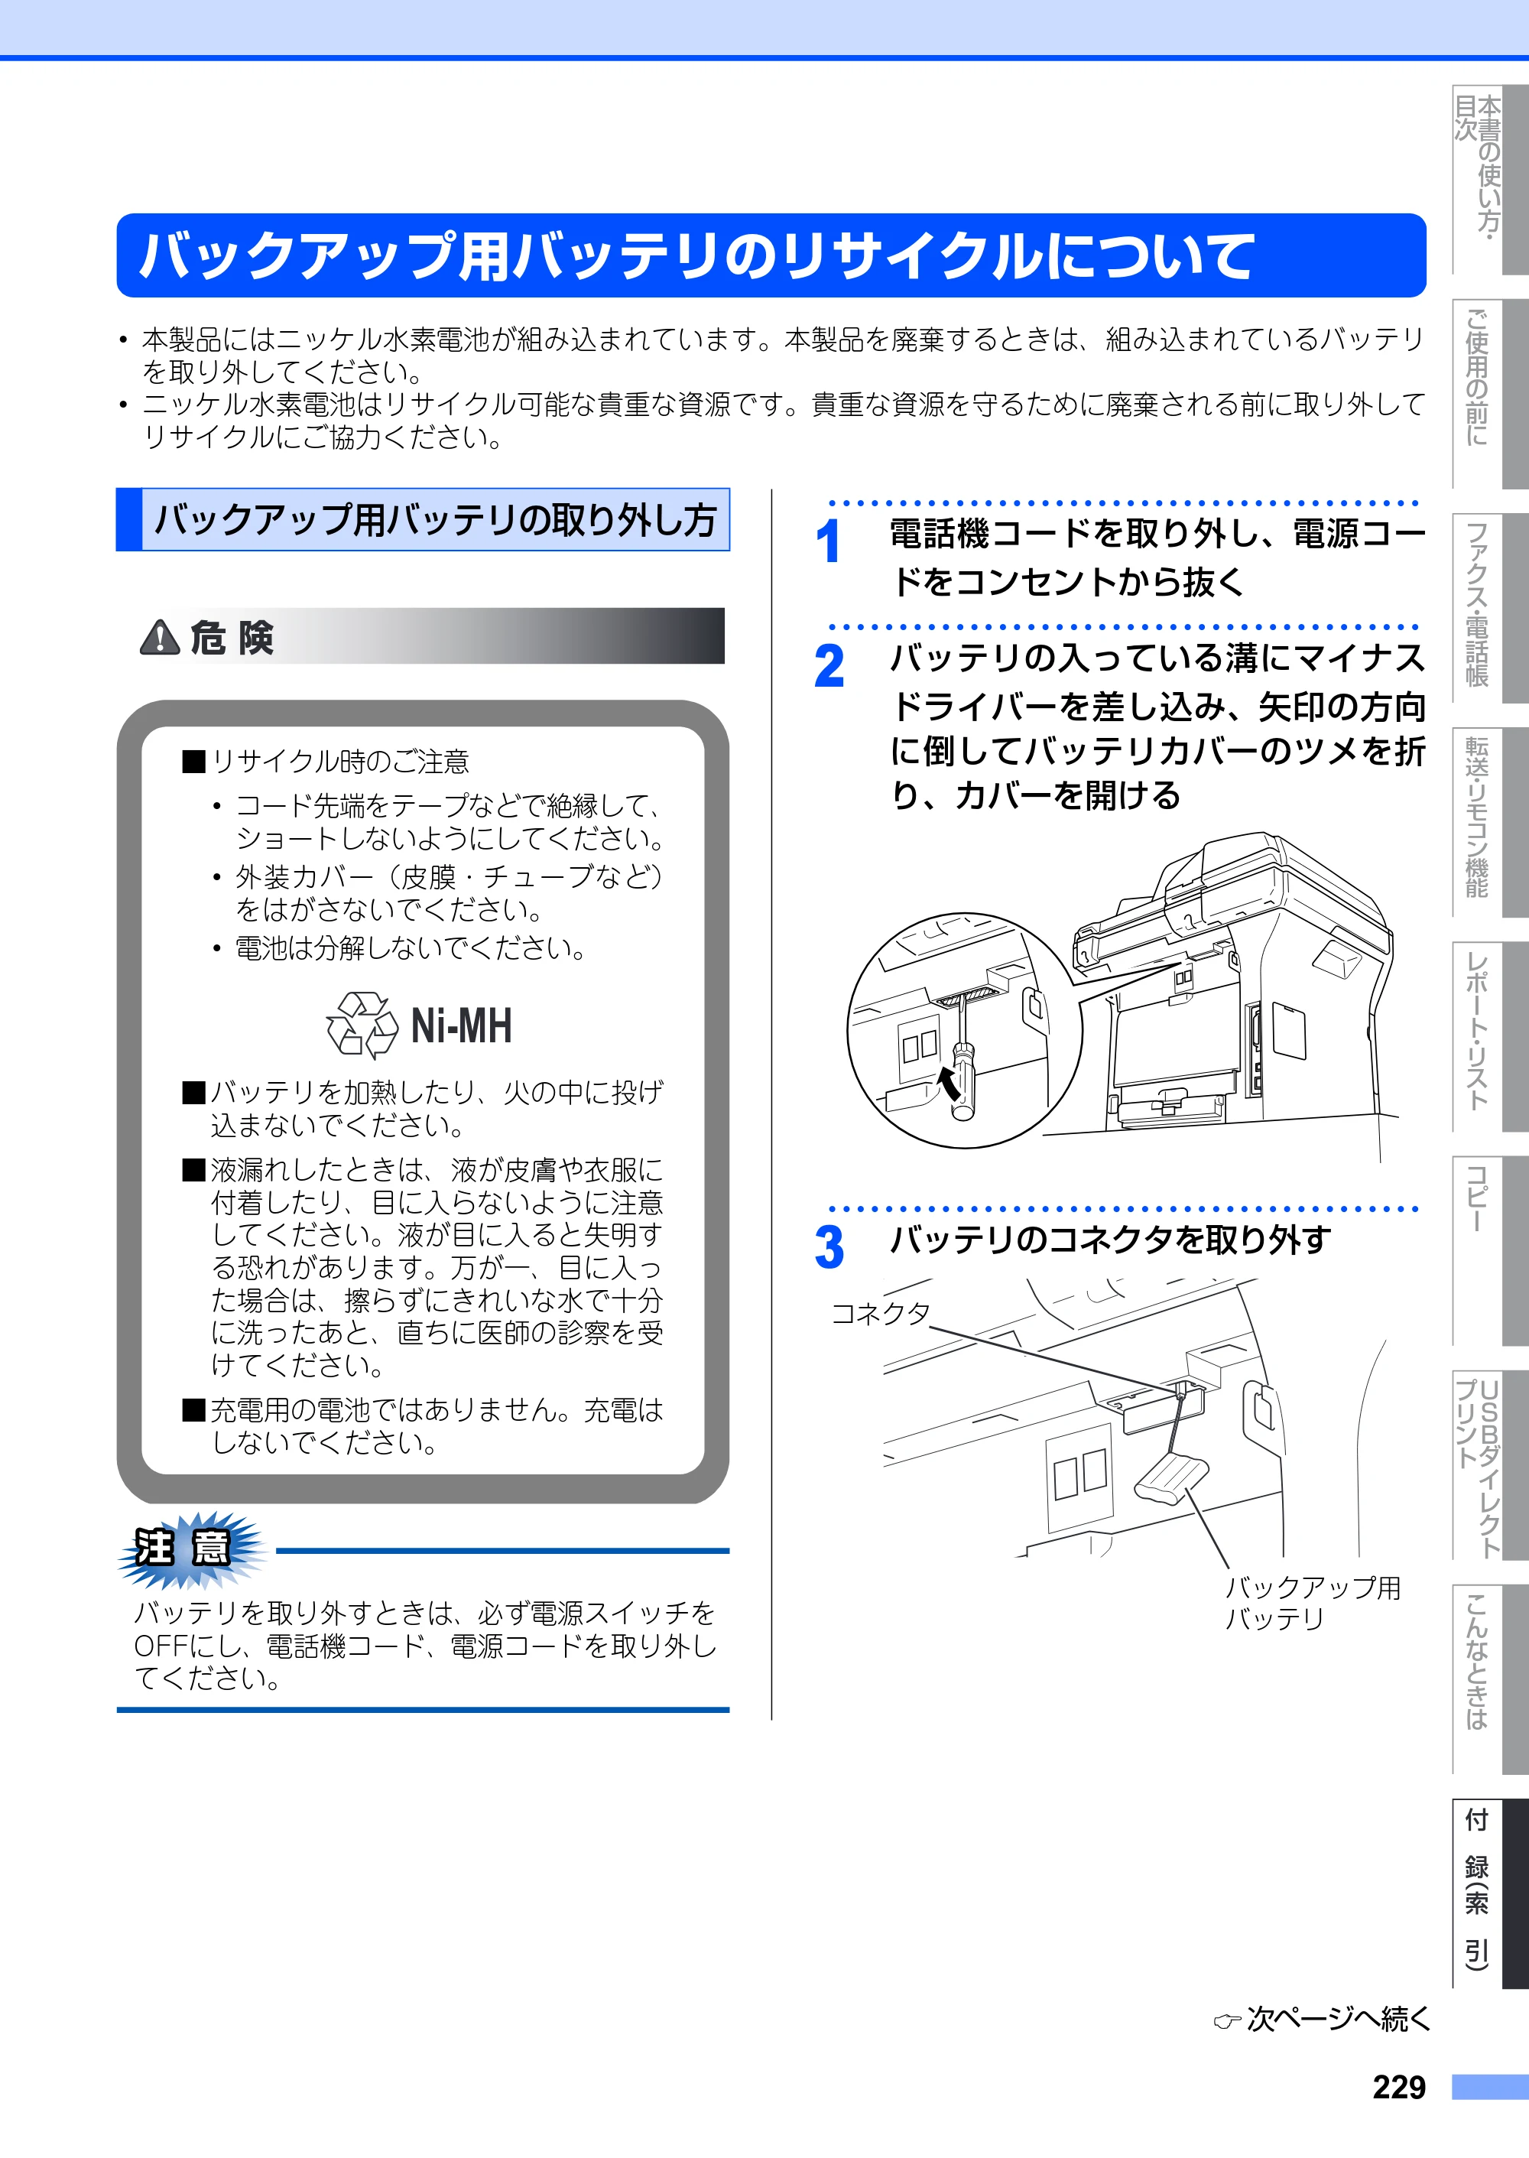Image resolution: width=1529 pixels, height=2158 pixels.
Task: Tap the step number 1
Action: pyautogui.click(x=828, y=542)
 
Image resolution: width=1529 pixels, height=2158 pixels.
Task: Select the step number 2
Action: pyautogui.click(x=829, y=667)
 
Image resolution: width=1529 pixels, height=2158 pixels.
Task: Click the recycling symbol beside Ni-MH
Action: pyautogui.click(x=362, y=1025)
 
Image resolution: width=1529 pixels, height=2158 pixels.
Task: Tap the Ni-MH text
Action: pyautogui.click(x=461, y=1025)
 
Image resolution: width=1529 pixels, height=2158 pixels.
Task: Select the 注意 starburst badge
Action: pyautogui.click(x=192, y=1548)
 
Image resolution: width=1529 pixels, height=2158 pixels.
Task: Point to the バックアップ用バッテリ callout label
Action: pyautogui.click(x=1313, y=1604)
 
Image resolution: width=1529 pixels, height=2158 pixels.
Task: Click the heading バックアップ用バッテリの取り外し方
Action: pyautogui.click(x=435, y=520)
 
